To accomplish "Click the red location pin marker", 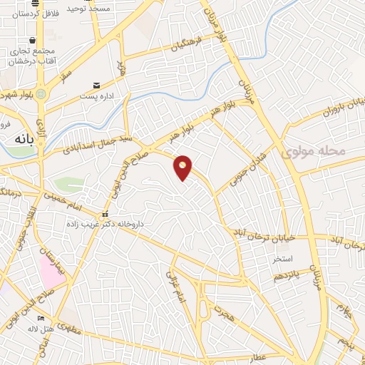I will click(183, 167).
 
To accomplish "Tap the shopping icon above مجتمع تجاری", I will click(31, 41).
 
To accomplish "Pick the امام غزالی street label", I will click(176, 286).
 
